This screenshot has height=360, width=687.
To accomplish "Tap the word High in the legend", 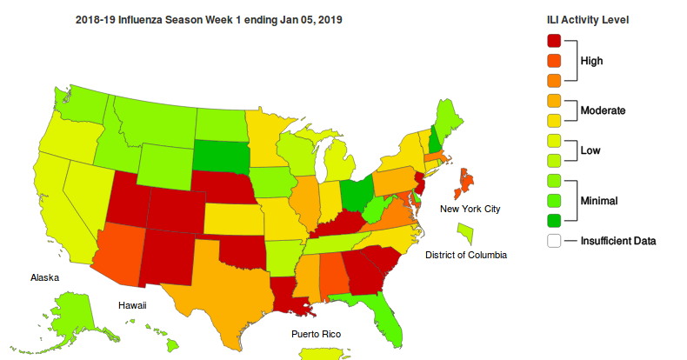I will coord(592,61).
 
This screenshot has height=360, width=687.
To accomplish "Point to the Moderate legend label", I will coord(604,110).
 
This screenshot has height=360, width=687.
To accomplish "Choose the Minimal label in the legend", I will coord(600,201).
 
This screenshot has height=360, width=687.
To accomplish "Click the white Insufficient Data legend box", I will coord(554,241).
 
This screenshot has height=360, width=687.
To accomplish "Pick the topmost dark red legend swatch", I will coord(554,40).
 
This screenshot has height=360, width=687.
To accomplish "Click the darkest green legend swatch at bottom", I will coord(554,221).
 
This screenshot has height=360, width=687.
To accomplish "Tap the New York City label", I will coord(470,209).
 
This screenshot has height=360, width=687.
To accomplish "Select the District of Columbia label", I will coord(465,255).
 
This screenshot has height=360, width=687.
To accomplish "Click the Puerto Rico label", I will coord(317,334).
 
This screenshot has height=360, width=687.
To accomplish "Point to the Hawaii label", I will coord(132,305).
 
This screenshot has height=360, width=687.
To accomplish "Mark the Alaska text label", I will coord(43,277).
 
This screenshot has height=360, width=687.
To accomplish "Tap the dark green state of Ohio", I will coord(354,193).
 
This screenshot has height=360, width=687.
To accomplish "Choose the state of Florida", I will coord(387,317).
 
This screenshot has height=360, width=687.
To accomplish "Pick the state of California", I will coord(61,209).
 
